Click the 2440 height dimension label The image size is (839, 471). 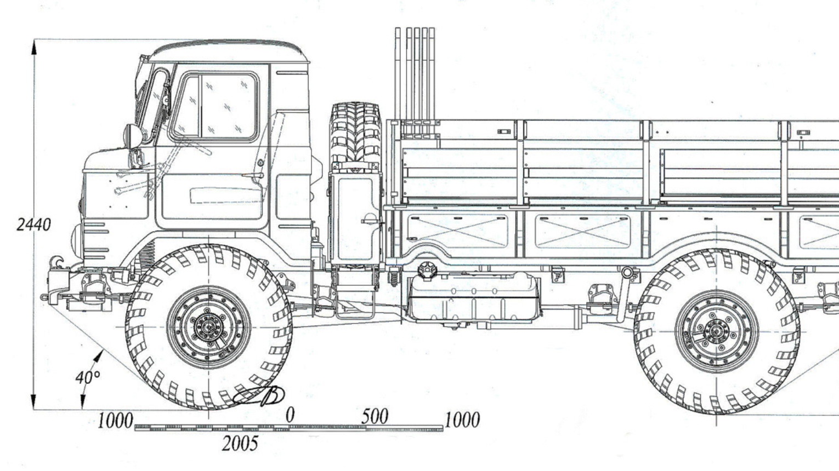[x=33, y=225]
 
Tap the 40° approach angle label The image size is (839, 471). [x=88, y=377]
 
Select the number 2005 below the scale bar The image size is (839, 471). [x=240, y=443]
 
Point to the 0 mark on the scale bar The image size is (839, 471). [x=290, y=415]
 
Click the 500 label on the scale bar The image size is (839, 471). [x=375, y=417]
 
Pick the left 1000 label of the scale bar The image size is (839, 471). [x=115, y=421]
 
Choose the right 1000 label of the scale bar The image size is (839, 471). [x=462, y=420]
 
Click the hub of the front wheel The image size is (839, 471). [x=208, y=328]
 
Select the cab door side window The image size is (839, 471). [x=215, y=106]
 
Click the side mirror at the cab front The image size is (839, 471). [x=133, y=135]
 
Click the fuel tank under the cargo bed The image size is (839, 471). [x=474, y=298]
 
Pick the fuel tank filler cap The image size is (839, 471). [x=426, y=269]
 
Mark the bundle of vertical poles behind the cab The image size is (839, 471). [x=415, y=74]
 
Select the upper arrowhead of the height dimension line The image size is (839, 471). [x=34, y=47]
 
